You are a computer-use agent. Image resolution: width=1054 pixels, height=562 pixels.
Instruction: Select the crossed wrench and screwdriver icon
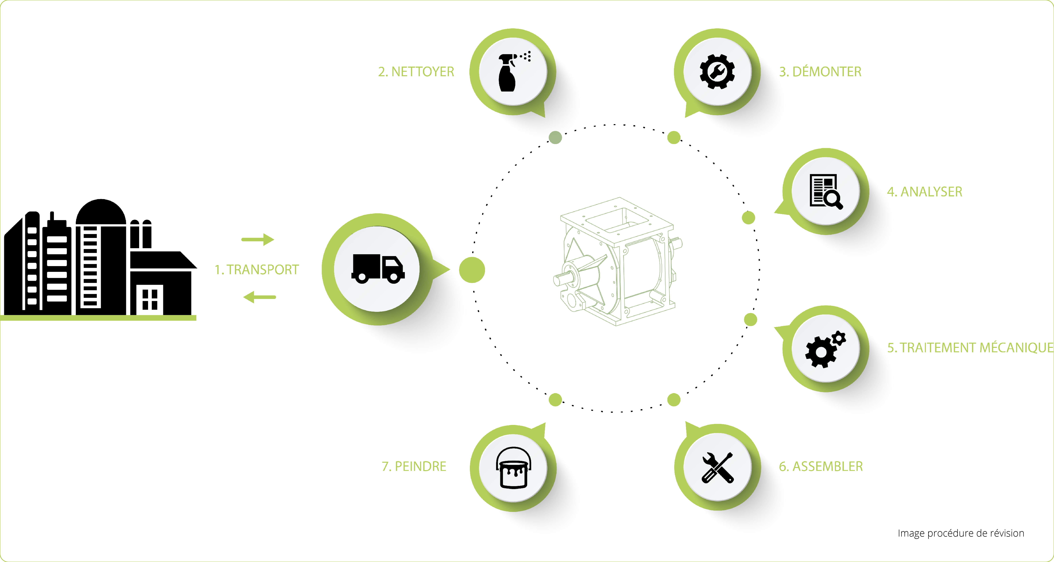point(718,468)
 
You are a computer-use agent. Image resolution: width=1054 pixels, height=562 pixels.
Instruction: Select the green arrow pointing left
point(259,297)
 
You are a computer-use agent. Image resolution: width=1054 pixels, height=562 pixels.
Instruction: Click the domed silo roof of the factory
point(101,211)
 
